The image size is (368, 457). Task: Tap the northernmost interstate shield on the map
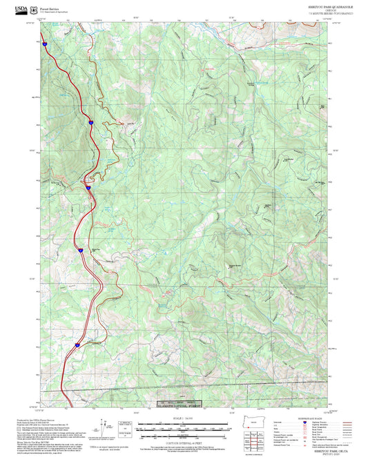click(x=43, y=43)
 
